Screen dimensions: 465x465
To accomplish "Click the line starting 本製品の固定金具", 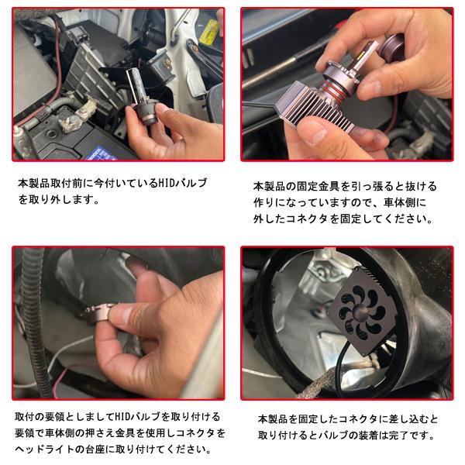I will [x=345, y=187].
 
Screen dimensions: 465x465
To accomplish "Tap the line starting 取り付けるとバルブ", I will [x=346, y=434].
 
